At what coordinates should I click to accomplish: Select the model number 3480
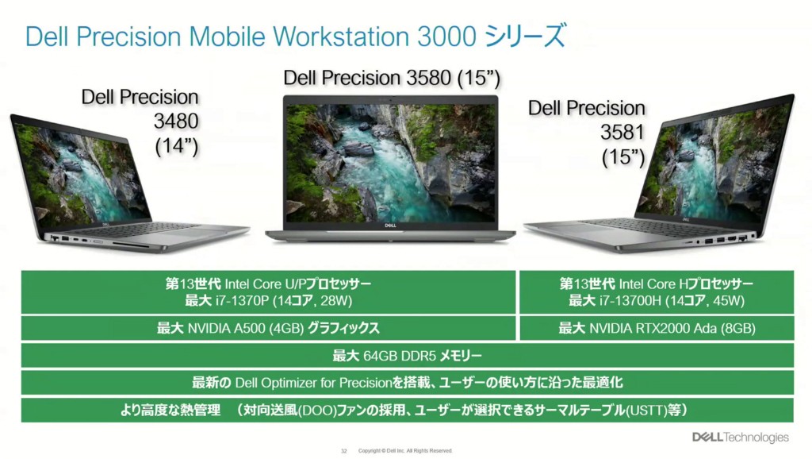tap(176, 121)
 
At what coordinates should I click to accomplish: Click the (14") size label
tap(177, 146)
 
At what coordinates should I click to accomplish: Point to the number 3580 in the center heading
tap(429, 79)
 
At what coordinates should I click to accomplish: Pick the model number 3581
tap(622, 133)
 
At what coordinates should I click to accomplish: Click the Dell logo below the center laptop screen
tap(390, 226)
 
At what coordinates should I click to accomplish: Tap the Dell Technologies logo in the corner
tap(741, 438)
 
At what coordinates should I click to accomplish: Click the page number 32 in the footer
tap(344, 451)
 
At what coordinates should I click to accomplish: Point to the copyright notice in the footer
tap(405, 451)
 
